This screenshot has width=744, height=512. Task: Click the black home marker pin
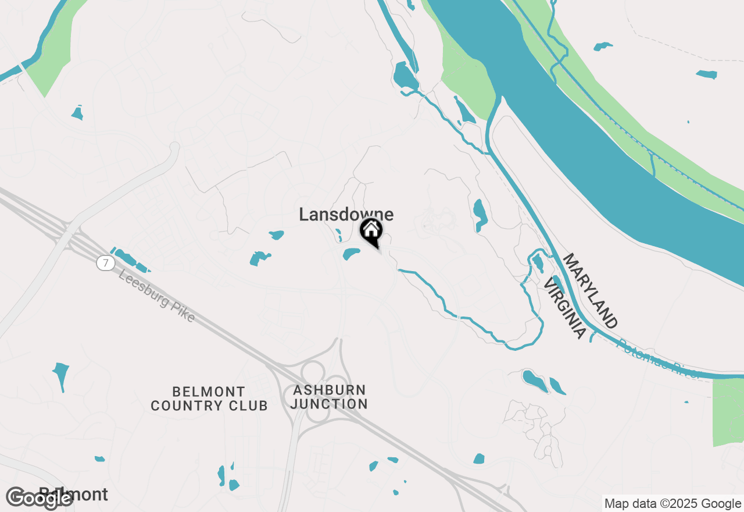[x=371, y=230]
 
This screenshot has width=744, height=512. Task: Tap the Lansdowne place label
[x=346, y=215]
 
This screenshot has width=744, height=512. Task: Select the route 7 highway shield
[x=105, y=264]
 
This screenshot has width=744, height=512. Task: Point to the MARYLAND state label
[x=589, y=290]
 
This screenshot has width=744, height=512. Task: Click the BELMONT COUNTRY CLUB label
[x=209, y=399]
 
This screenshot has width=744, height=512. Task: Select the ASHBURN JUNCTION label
[x=330, y=397]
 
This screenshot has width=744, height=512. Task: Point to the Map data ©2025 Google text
[x=672, y=504]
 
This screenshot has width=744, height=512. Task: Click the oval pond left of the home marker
[x=351, y=254]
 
